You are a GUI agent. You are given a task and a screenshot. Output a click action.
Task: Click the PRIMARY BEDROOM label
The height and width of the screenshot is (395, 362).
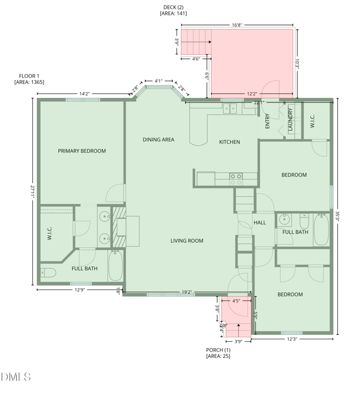82,151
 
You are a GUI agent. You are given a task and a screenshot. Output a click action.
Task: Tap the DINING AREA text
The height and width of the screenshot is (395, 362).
158,140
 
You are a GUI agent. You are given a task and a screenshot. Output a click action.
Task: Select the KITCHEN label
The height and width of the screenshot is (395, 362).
229,142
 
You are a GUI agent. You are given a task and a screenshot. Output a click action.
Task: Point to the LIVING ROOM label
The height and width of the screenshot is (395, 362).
187,241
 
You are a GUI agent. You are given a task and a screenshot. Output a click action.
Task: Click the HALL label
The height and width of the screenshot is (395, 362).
260,223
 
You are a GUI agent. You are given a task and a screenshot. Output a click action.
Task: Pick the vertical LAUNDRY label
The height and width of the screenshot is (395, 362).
291,119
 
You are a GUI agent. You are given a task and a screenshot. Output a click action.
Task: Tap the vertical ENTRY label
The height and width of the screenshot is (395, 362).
267,121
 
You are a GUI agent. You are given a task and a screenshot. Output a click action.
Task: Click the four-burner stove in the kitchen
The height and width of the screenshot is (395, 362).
236,179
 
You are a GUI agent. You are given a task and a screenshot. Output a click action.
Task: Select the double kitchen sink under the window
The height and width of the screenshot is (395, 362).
230,109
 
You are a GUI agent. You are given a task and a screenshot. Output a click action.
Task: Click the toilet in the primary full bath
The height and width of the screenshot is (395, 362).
48,272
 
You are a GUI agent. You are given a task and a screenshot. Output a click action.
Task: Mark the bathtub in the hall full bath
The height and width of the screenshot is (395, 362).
321,230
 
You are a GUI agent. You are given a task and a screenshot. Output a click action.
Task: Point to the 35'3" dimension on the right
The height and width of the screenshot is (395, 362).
338,216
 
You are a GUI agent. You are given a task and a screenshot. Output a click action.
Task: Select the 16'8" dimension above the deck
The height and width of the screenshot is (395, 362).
237,25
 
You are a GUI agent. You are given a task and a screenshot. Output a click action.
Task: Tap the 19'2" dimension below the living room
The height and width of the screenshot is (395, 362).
187,292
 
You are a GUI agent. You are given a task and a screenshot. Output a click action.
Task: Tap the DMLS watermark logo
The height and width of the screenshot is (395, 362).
16,376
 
